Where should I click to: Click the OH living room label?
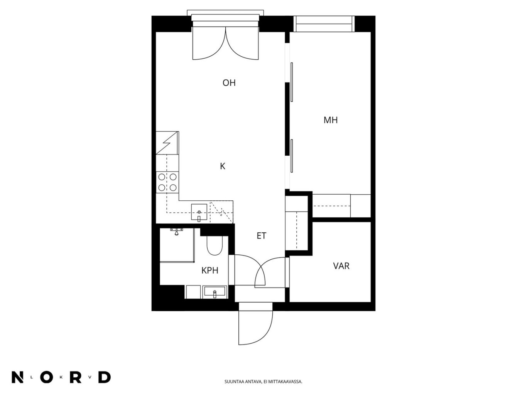coord(229,83)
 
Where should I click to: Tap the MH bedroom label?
coord(330,120)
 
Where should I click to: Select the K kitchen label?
coord(223,166)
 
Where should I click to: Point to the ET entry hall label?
coord(261,236)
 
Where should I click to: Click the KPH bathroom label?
coord(209,271)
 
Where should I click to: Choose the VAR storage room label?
coord(341,266)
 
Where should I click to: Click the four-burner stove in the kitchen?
coord(167,182)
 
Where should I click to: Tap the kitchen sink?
coord(199,212)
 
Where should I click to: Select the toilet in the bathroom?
coord(215,245)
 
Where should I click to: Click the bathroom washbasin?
coord(215,292)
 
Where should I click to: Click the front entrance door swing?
coord(256,327)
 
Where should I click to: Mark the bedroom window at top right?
coord(324,24)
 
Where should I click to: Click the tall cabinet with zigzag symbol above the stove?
coord(167,143)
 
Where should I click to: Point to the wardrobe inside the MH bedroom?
coord(341,206)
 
